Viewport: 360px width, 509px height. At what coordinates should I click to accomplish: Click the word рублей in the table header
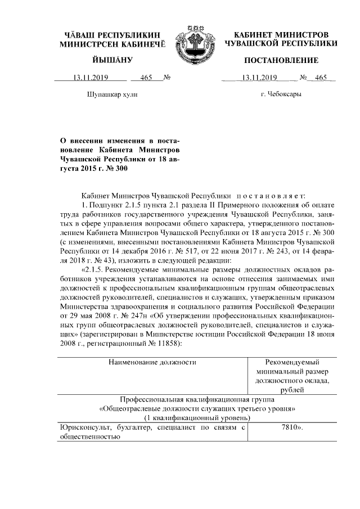[x=291, y=389]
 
